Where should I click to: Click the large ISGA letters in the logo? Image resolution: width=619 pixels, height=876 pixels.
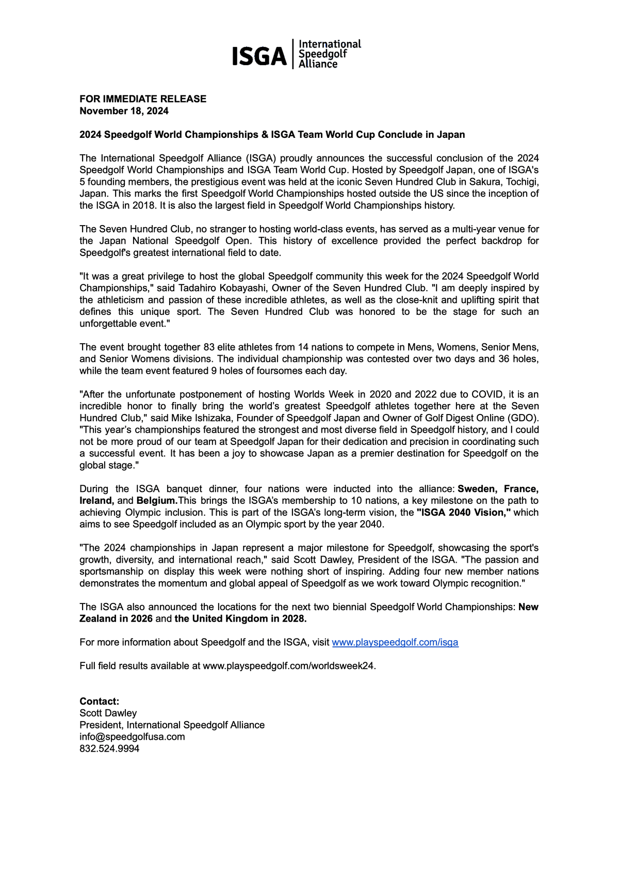pos(259,56)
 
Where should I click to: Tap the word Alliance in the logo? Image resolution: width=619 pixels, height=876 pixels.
pos(318,64)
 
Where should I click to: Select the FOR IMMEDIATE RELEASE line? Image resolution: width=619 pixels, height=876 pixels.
pos(143,99)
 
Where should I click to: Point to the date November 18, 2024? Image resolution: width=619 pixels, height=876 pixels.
pos(124,111)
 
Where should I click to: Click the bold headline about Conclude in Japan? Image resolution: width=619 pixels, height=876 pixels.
pos(272,135)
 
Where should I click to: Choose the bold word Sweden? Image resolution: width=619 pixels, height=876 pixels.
pos(477,489)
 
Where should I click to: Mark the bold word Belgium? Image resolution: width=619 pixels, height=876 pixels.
pos(157,501)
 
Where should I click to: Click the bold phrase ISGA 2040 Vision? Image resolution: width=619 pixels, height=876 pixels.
pos(463,513)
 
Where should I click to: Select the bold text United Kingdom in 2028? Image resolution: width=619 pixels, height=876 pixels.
pos(240,618)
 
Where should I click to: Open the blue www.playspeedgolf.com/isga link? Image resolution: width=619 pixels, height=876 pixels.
pos(395,642)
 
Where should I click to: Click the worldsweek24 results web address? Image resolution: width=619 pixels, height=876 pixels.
pos(289,666)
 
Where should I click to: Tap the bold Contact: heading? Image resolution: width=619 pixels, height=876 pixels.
pos(99,701)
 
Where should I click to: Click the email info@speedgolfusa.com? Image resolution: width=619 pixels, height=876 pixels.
pos(132,737)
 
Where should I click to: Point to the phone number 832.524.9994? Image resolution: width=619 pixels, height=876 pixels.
pos(109,748)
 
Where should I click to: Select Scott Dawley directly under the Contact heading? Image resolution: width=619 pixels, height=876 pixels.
pos(108,713)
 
